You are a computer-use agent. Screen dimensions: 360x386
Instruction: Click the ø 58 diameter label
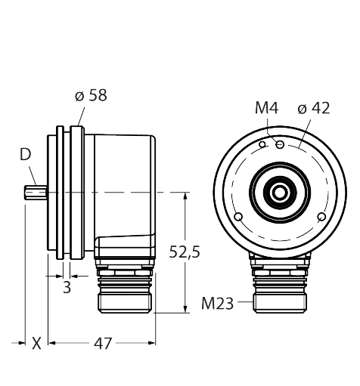pos(91,95)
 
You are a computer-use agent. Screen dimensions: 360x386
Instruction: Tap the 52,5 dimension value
pos(185,252)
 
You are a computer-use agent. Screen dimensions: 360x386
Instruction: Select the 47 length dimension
pos(103,344)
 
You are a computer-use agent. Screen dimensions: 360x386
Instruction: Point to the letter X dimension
pos(36,344)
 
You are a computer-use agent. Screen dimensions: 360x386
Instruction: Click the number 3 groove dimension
pos(67,287)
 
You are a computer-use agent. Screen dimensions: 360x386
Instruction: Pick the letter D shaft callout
pos(25,154)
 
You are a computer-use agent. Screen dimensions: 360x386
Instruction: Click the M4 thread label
pos(266,108)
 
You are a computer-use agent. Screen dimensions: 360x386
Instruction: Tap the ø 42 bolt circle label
pos(314,108)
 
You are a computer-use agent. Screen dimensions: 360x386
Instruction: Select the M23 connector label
pos(217,304)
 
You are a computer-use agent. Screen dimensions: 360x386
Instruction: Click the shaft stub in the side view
pos(36,193)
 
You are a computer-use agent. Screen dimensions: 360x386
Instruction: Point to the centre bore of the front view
pos(280,193)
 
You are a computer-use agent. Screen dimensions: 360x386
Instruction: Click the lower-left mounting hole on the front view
pos(238,217)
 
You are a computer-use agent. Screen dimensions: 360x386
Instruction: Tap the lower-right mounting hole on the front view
pos(321,217)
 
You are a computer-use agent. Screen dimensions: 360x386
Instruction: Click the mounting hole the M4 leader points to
pos(280,144)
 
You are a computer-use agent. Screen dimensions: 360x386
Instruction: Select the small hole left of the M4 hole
pos(262,144)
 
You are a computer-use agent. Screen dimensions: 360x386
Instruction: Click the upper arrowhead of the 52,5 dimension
pos(185,196)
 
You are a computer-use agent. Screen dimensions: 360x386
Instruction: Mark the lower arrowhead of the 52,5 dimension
pos(185,309)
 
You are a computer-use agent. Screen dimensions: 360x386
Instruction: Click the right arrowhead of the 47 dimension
pos(152,343)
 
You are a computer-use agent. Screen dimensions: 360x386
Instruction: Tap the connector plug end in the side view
pos(125,304)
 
